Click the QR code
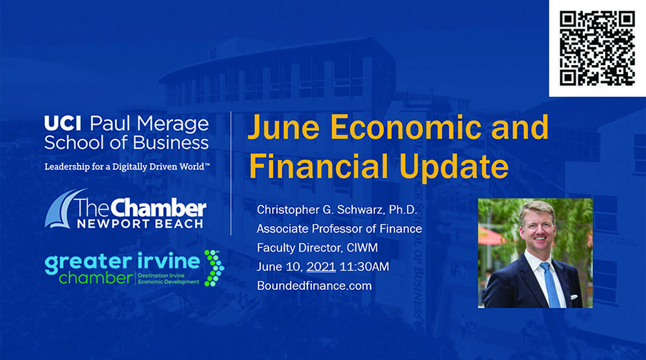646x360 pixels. click(x=597, y=48)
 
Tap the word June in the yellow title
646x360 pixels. click(x=283, y=127)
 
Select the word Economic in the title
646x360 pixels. click(x=406, y=127)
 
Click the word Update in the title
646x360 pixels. click(x=454, y=166)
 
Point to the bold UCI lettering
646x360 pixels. click(x=63, y=123)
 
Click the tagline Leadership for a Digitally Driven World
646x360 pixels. click(x=127, y=167)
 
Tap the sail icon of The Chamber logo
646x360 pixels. click(x=63, y=208)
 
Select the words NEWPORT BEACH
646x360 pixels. click(x=140, y=224)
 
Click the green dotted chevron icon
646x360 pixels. click(x=214, y=268)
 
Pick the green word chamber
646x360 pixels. click(x=96, y=278)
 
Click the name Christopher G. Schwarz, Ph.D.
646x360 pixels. click(x=337, y=210)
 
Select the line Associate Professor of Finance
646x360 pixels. click(x=339, y=229)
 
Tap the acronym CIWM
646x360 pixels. click(x=362, y=248)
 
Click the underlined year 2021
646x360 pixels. click(x=321, y=266)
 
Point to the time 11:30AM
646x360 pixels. click(x=364, y=266)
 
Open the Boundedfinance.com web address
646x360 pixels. click(x=315, y=286)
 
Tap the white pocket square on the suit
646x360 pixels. click(x=574, y=296)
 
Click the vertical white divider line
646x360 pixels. click(x=231, y=173)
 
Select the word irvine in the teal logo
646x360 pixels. click(x=170, y=261)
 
